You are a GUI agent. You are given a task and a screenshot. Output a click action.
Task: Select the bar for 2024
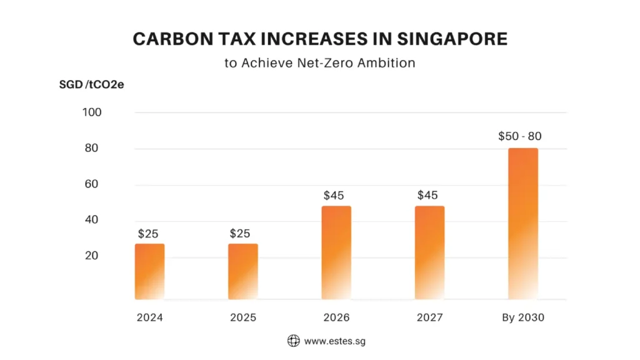[x=149, y=271]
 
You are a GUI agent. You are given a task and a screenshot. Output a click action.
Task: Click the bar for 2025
[x=242, y=271]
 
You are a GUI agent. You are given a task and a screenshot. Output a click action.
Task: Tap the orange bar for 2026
[x=336, y=252]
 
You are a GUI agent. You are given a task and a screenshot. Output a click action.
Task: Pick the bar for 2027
[x=429, y=252]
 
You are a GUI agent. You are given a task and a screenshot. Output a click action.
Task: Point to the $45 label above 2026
[x=334, y=196]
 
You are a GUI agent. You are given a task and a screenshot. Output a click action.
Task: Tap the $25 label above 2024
[x=148, y=234]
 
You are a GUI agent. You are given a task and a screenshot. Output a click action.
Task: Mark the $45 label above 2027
[x=427, y=196]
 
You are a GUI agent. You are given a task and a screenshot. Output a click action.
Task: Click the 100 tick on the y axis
[x=92, y=112]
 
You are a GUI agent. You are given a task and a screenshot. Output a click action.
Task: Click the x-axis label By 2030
[x=523, y=317]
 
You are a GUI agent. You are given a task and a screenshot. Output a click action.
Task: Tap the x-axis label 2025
[x=243, y=317]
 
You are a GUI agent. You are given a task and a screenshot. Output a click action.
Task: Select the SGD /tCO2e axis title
[x=91, y=84]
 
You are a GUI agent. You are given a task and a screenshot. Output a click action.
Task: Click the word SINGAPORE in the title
[x=448, y=39]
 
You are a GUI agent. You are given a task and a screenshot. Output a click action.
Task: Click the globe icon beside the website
[x=293, y=341]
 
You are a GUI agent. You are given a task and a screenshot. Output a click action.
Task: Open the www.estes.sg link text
[x=331, y=341]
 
